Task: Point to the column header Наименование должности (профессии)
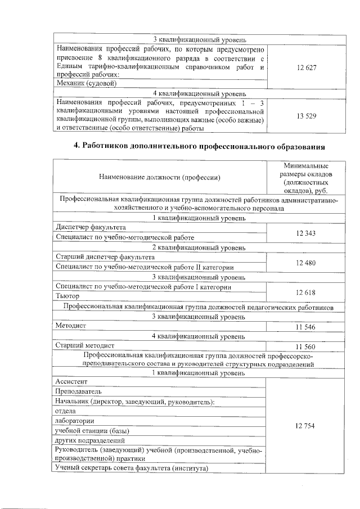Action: click(x=159, y=177)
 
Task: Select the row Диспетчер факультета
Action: click(x=91, y=227)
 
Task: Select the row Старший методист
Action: click(x=85, y=345)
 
